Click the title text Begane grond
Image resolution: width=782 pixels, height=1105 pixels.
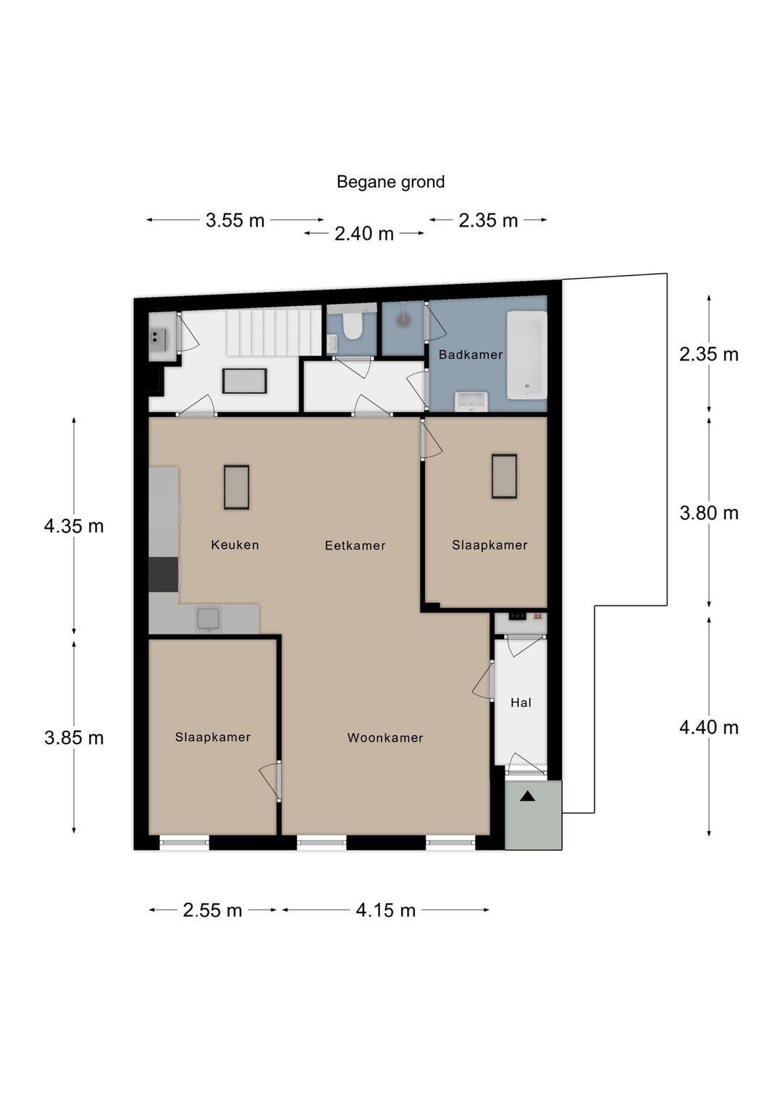coord(390,182)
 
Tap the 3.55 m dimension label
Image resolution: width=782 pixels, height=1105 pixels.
coord(235,221)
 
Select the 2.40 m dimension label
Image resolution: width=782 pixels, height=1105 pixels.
coord(364,234)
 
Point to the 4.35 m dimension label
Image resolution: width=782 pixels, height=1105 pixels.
coord(74,526)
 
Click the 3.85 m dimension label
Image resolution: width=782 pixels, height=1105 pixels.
coord(74,738)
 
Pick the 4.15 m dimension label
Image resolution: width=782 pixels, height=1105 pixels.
coord(386,910)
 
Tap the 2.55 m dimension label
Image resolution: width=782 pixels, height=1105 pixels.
coord(213,910)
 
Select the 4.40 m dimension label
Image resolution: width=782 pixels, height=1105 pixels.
coord(709,728)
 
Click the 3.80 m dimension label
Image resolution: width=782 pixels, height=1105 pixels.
coord(709,513)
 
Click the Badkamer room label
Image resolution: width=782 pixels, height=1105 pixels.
coord(471,355)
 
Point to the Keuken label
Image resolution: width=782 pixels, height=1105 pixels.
coord(235,545)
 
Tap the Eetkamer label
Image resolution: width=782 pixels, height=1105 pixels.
coord(356,545)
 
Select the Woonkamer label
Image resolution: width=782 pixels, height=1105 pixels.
coord(385,738)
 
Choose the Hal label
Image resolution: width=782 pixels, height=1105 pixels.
coord(521,702)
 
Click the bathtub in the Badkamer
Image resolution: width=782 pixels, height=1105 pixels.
coord(527,354)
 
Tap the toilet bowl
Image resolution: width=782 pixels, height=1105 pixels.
coord(353,328)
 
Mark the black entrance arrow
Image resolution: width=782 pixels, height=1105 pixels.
coord(527,796)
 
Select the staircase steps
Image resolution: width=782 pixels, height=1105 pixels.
coord(274,330)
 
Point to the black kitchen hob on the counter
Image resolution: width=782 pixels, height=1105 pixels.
coord(164,574)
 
